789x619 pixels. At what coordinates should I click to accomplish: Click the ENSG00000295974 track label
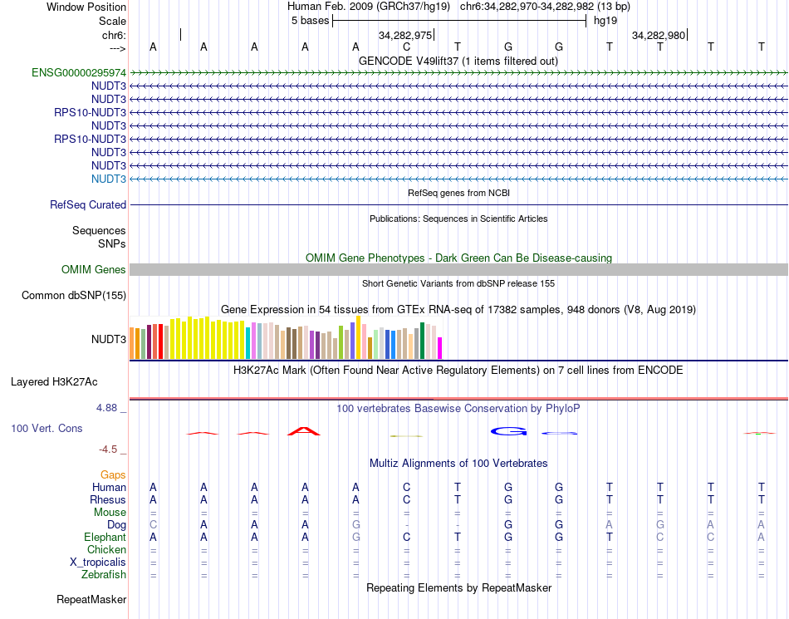tap(79, 73)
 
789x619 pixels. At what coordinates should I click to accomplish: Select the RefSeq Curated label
tap(88, 205)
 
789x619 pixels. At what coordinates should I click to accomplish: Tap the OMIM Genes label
tap(94, 270)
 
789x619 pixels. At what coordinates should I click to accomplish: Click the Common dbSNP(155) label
tap(74, 296)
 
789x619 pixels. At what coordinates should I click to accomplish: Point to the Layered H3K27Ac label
tap(54, 383)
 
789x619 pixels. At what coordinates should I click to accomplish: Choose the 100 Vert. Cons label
tap(47, 429)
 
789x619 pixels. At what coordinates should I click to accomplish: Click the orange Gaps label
tap(113, 475)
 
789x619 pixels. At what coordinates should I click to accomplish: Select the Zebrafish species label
tap(104, 575)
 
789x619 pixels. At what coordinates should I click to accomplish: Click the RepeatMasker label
tap(91, 599)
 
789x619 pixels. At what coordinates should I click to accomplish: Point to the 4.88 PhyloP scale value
tap(107, 408)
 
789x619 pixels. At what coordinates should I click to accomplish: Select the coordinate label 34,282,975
tap(405, 36)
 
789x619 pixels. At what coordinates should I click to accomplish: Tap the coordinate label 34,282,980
tap(659, 36)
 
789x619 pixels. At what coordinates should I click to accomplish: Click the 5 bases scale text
tap(310, 21)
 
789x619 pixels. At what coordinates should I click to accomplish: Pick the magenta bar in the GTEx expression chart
tap(440, 348)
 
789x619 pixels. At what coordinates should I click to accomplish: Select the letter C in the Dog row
tap(153, 525)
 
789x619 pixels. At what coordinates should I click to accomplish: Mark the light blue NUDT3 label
tap(109, 179)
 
